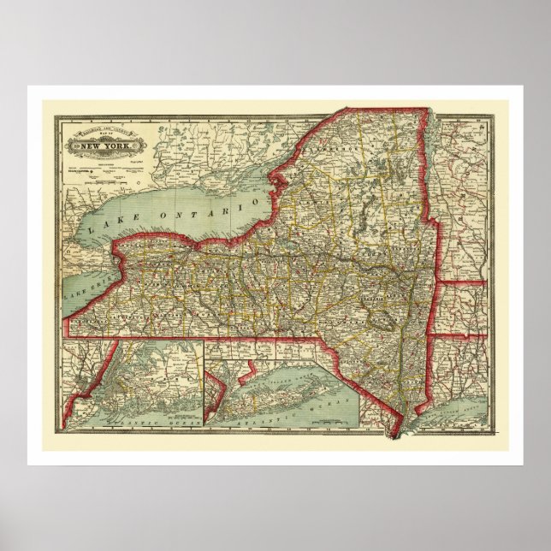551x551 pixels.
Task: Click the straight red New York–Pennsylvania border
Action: click(x=214, y=339)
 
